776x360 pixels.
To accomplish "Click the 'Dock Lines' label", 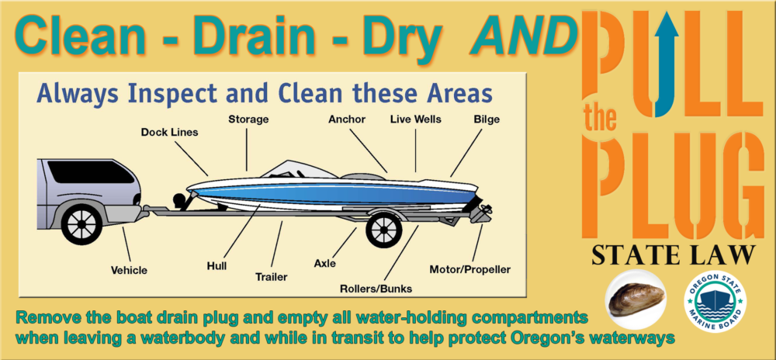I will click(x=169, y=132).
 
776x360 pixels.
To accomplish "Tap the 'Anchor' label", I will click(x=346, y=119).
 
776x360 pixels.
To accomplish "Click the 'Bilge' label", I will click(x=487, y=119).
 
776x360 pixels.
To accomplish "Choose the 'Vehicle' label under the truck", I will click(x=129, y=270).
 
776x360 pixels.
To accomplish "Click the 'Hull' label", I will click(x=217, y=265).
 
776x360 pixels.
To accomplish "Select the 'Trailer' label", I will click(x=272, y=276).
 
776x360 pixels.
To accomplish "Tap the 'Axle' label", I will click(x=324, y=263).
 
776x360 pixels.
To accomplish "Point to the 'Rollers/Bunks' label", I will click(x=376, y=289).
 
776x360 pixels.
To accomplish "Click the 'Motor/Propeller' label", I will click(x=470, y=270).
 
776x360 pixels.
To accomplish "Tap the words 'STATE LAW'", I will click(x=673, y=254).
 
